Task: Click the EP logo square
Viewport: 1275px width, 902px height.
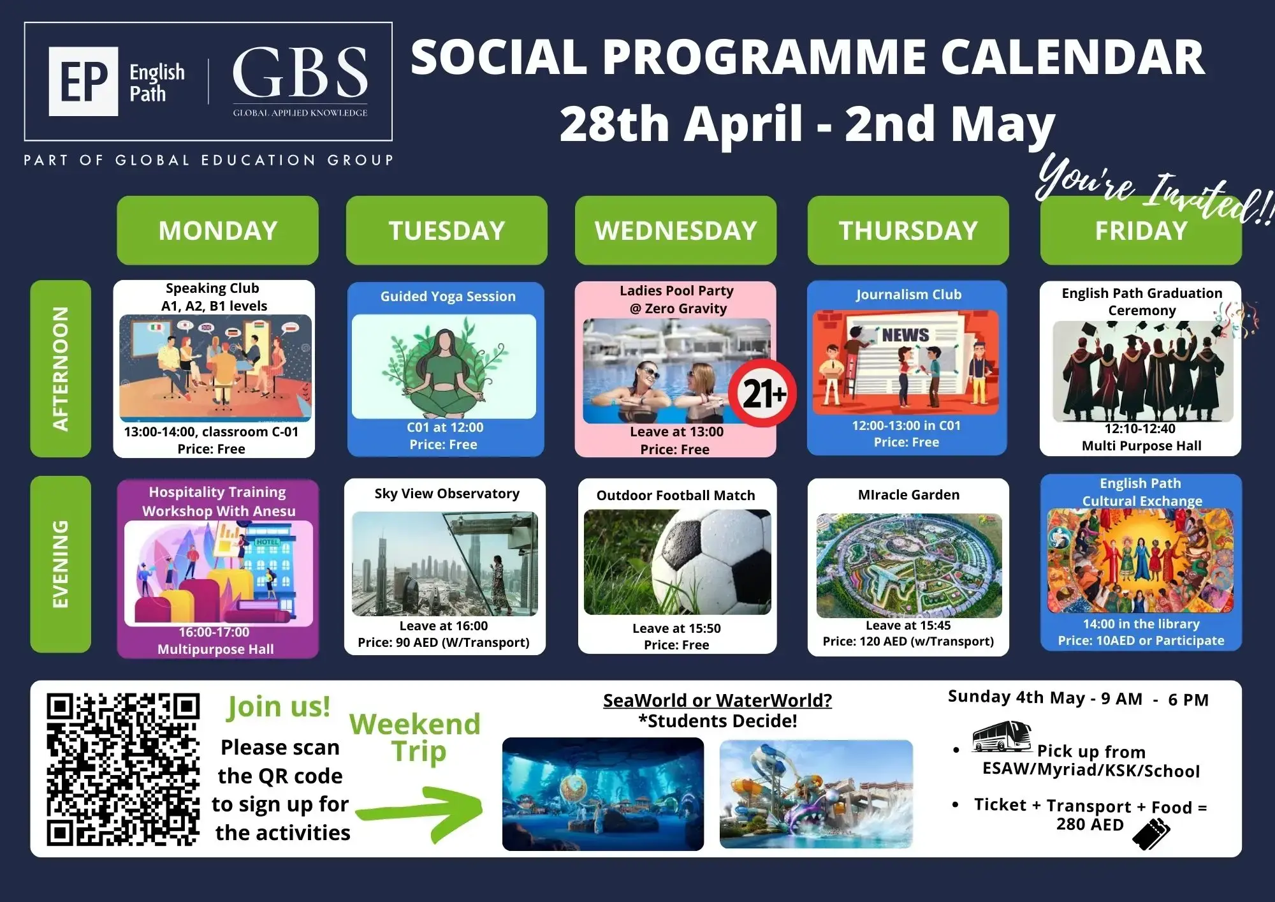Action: click(84, 81)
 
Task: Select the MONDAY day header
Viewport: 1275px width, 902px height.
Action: click(217, 230)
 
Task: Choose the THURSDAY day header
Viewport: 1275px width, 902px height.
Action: click(908, 230)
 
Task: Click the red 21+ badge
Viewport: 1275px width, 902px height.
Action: click(763, 393)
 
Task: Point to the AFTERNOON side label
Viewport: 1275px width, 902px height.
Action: click(61, 369)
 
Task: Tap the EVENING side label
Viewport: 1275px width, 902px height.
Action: click(61, 564)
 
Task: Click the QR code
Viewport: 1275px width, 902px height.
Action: click(123, 769)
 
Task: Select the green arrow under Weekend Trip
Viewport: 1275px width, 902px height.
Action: click(421, 812)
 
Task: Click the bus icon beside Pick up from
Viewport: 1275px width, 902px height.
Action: click(1002, 737)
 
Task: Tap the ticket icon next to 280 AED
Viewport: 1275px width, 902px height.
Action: click(1151, 834)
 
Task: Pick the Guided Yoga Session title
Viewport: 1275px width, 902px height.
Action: click(448, 296)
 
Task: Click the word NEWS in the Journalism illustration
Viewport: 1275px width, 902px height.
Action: click(905, 335)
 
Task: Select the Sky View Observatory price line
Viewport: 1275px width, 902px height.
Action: click(444, 642)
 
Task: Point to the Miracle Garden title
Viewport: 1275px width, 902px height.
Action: click(908, 494)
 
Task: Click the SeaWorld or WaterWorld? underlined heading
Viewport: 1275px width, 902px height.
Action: click(717, 700)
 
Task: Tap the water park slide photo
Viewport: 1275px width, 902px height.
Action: click(816, 794)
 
